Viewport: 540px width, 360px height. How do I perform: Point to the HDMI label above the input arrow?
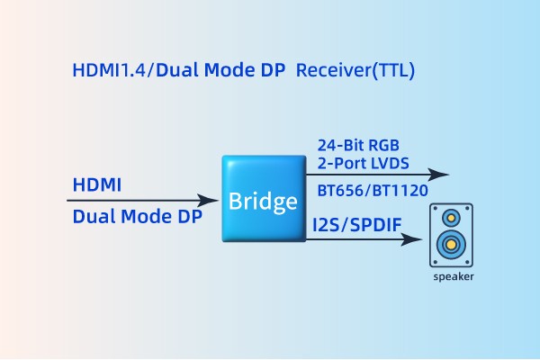tap(96, 185)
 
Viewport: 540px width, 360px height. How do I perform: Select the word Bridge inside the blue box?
tap(262, 200)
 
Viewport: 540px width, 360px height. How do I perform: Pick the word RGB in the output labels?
tap(383, 145)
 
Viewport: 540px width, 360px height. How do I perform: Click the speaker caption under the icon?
tap(453, 277)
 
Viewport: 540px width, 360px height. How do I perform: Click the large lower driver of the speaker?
tap(453, 243)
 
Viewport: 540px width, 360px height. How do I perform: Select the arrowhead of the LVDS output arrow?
tap(442, 174)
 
